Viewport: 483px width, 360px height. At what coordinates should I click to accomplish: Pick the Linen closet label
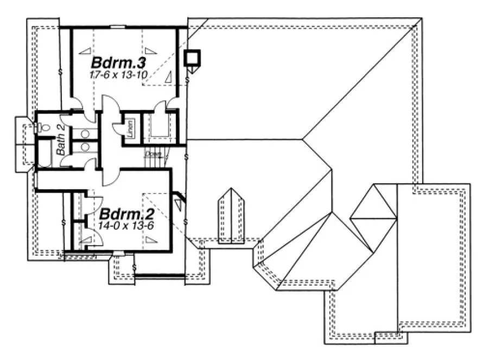tap(130, 128)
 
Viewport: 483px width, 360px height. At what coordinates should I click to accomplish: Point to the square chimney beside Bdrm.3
tap(193, 57)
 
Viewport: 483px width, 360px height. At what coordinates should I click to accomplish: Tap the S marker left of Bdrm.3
tap(60, 71)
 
